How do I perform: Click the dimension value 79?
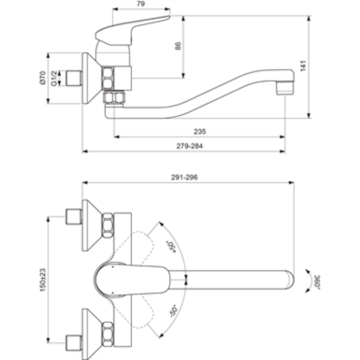pyautogui.click(x=141, y=4)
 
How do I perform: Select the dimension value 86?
pyautogui.click(x=178, y=46)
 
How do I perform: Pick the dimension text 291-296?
pyautogui.click(x=185, y=178)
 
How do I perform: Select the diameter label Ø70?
pyautogui.click(x=42, y=78)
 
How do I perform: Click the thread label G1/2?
pyautogui.click(x=54, y=78)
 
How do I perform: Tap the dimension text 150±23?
pyautogui.click(x=43, y=278)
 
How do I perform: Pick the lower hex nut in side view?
pyautogui.click(x=113, y=98)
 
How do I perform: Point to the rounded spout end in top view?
pyautogui.click(x=288, y=278)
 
